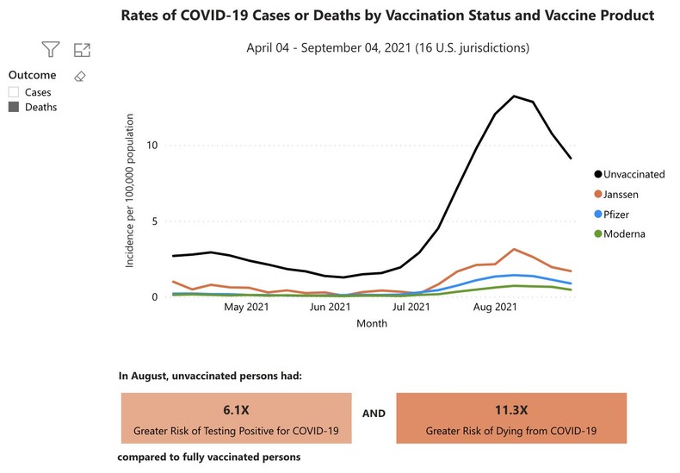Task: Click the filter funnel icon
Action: click(52, 50)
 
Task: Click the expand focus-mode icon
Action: click(83, 50)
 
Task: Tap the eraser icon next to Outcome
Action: click(80, 76)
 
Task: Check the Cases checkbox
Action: click(14, 92)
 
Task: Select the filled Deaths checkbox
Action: click(14, 108)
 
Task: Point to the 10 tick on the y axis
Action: click(152, 145)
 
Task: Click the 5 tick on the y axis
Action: click(155, 221)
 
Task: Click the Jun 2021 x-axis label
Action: click(330, 306)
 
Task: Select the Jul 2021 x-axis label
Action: click(411, 306)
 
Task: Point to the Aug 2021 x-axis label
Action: click(495, 306)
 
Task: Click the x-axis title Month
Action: click(371, 324)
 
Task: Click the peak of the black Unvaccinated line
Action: click(514, 96)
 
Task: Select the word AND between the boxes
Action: click(374, 414)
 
